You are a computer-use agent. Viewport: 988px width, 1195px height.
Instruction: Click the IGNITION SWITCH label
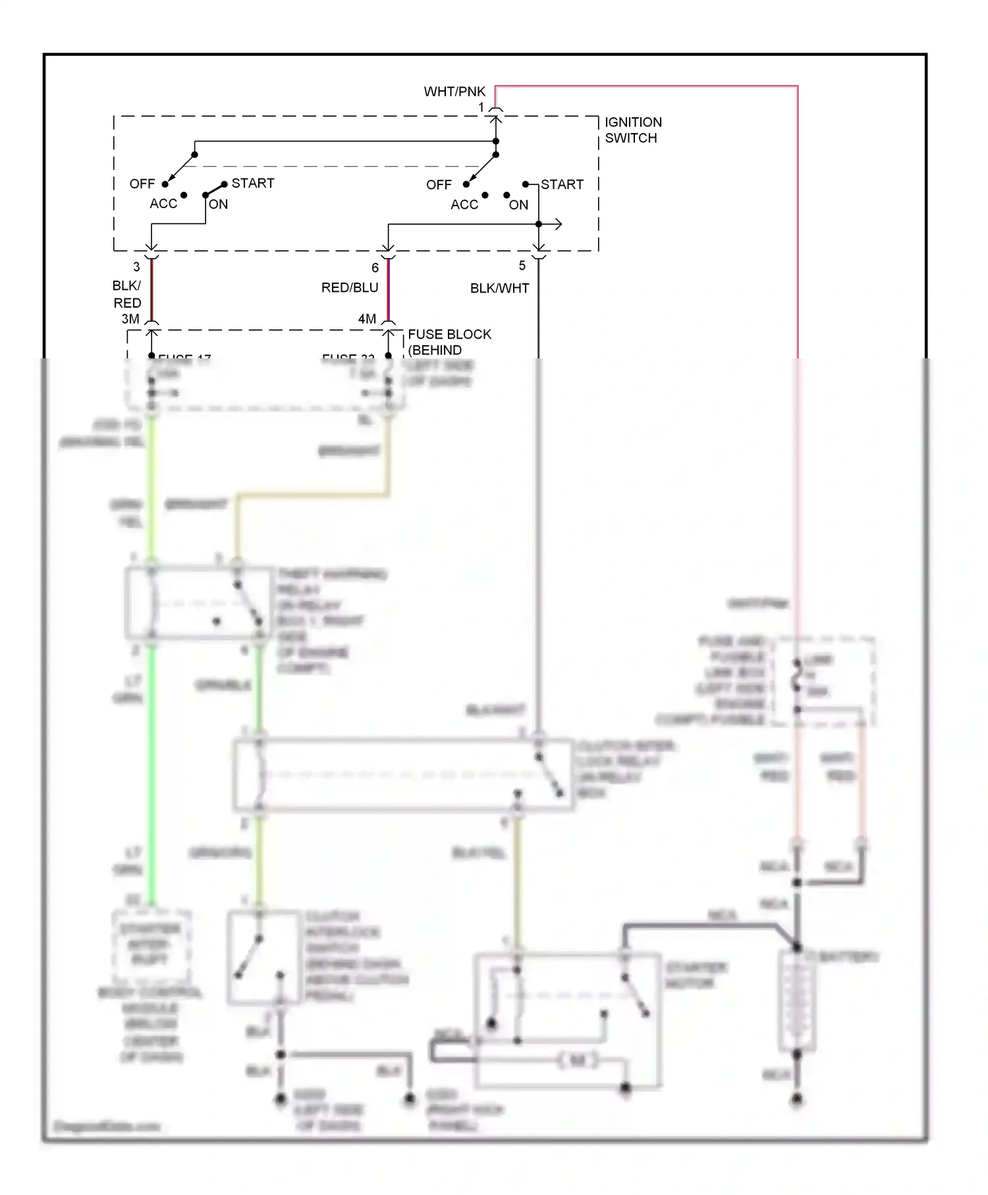point(633,130)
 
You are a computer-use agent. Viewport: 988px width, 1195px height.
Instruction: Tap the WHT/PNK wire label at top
point(454,92)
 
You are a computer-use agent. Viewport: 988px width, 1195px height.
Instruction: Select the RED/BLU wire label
point(350,288)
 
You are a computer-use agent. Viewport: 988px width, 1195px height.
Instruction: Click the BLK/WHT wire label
point(499,288)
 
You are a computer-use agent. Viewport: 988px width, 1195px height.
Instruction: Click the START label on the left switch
point(253,183)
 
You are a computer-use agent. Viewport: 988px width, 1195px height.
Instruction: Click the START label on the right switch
point(562,184)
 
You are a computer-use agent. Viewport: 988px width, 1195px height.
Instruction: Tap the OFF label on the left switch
point(142,184)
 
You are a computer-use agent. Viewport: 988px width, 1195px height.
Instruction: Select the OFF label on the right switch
point(439,185)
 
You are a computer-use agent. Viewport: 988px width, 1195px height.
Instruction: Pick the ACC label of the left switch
point(163,204)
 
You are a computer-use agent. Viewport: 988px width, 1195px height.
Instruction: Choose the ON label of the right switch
point(518,205)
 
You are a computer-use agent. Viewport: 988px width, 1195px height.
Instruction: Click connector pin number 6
point(375,267)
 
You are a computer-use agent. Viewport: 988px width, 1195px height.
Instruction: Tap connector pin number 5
point(522,265)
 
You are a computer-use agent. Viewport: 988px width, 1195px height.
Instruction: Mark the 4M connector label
point(367,319)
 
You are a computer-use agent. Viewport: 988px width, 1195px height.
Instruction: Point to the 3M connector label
point(130,319)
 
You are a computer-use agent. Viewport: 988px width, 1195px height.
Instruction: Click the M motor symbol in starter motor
point(577,1061)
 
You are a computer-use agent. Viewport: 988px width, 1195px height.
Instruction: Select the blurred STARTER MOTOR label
point(696,975)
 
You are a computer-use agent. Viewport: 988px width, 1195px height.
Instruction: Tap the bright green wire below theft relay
point(151,764)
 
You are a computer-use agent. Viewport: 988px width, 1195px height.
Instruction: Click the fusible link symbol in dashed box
point(797,675)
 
